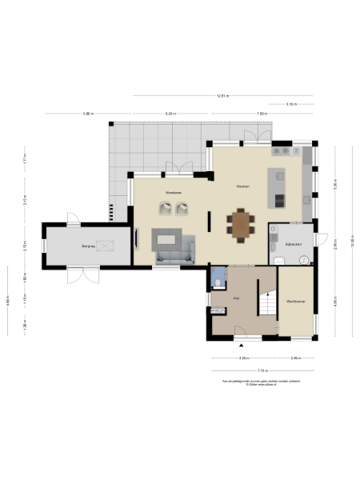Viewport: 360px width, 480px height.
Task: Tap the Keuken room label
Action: (242, 186)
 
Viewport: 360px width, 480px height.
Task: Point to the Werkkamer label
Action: (296, 301)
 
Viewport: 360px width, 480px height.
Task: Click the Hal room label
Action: (236, 298)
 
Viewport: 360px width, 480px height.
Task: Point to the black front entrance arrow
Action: (241, 343)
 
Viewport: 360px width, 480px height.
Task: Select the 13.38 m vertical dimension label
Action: (353, 241)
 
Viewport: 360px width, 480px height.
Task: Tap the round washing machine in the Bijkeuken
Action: (305, 259)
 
